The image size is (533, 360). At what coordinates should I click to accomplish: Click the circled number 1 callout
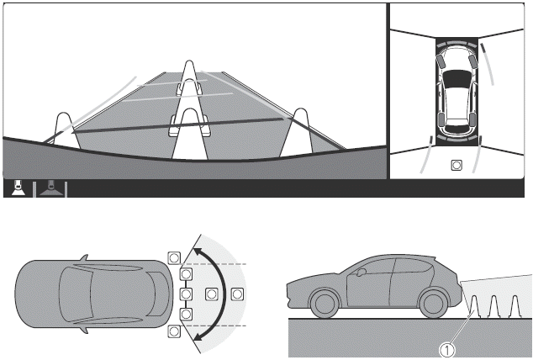(447, 350)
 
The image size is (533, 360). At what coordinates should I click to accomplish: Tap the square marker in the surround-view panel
(456, 165)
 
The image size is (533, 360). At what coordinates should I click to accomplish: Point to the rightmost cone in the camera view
(299, 132)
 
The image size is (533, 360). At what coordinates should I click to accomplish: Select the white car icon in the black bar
(18, 188)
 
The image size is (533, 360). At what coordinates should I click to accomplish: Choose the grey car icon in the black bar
(51, 188)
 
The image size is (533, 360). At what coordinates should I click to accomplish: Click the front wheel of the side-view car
(325, 303)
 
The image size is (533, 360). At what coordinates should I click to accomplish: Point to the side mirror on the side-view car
(361, 272)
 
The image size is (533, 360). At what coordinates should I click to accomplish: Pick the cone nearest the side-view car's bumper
(474, 306)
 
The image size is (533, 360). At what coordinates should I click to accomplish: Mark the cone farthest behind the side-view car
(515, 306)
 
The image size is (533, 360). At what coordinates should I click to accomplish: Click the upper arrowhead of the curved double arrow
(198, 251)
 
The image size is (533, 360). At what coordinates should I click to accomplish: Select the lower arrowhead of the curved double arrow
(198, 336)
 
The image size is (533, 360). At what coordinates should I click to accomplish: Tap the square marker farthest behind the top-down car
(237, 294)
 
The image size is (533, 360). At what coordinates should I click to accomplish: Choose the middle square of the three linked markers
(186, 294)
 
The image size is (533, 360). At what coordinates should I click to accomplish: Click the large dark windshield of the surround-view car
(456, 78)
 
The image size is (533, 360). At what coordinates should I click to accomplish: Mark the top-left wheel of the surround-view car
(441, 61)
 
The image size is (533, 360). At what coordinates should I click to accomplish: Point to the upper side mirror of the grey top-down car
(84, 257)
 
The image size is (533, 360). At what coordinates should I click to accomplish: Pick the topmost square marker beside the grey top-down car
(174, 257)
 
